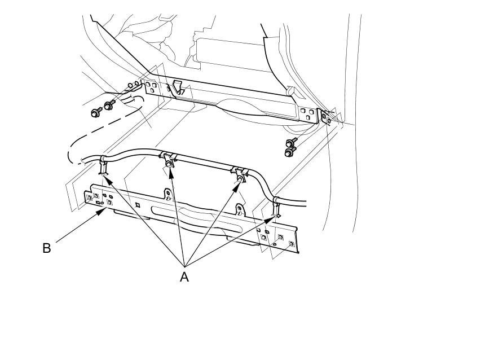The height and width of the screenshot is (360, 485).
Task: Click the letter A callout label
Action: point(184,276)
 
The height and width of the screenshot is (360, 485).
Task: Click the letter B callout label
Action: point(47,248)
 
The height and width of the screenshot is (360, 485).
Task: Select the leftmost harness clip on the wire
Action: point(103,166)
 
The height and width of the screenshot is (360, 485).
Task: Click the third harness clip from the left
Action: point(240,174)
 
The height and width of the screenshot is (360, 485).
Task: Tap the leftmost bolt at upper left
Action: point(95,112)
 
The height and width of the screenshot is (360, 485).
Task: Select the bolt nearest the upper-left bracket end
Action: point(108,104)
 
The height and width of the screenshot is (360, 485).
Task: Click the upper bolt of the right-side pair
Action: point(292,143)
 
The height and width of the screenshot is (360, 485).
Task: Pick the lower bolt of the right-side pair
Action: point(290,152)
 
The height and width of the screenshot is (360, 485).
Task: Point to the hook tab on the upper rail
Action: point(178,86)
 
